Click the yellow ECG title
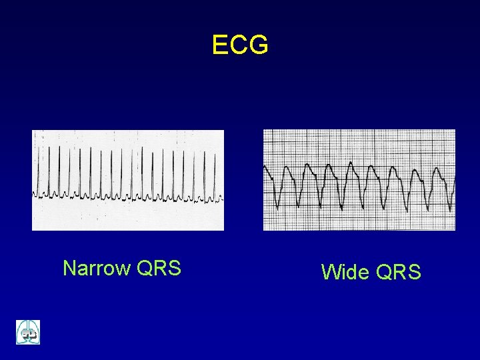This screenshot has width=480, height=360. [240, 45]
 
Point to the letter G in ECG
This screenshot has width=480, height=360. [259, 45]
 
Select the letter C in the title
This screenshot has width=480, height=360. [239, 45]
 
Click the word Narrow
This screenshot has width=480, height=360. [97, 268]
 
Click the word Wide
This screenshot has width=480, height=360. [346, 272]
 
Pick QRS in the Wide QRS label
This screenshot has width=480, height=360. [399, 272]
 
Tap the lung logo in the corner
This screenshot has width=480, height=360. [28, 332]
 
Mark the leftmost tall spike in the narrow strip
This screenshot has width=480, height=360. [38, 167]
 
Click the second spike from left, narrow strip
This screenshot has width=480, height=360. [49, 167]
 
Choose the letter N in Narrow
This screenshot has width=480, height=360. [69, 268]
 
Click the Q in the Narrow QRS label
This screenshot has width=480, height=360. [145, 268]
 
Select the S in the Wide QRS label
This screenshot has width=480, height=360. [414, 272]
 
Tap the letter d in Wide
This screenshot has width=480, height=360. [353, 272]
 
